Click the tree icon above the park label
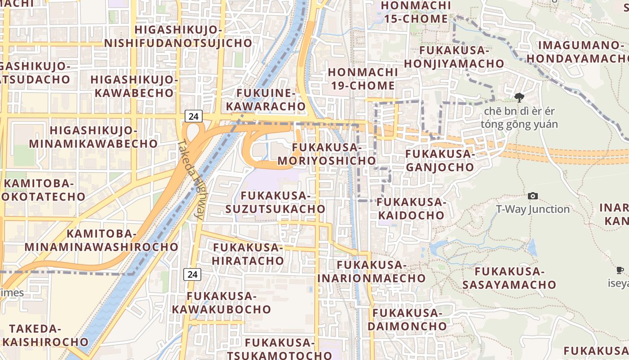tap(519, 98)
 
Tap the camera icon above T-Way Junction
tap(533, 196)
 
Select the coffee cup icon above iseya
tap(620, 270)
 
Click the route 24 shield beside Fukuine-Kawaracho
tap(193, 116)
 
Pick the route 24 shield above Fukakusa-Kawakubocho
tap(192, 274)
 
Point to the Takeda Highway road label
tap(191, 180)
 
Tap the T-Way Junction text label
tap(533, 209)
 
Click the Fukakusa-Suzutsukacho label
tap(275, 202)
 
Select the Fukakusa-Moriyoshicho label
tap(327, 154)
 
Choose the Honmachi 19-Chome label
tap(363, 79)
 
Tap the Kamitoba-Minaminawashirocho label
tap(102, 240)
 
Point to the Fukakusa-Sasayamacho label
tap(509, 278)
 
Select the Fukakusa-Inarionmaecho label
tap(372, 271)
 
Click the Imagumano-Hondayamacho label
tap(579, 52)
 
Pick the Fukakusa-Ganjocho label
tap(440, 161)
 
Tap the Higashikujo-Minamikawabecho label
tap(93, 137)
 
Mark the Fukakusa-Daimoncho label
tap(408, 319)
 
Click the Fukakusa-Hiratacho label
tap(248, 254)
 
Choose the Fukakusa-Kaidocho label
tap(411, 208)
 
